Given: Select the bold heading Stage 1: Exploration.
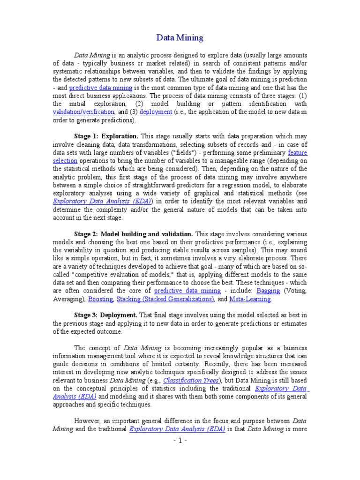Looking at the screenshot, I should [106, 136].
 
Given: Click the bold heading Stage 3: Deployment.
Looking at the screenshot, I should [106, 315].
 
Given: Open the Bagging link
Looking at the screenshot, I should [269, 291].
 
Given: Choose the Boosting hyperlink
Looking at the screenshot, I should [100, 299].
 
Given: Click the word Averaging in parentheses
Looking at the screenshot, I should [68, 299].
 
